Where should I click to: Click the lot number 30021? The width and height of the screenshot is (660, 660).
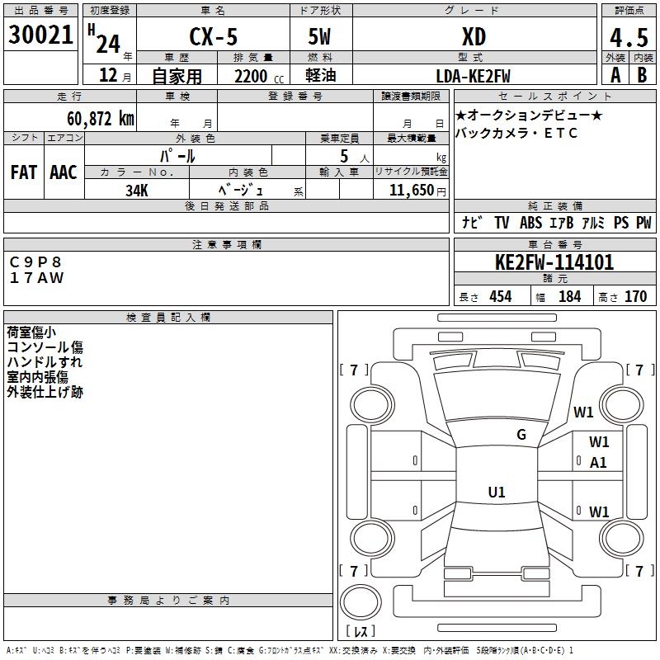(40, 36)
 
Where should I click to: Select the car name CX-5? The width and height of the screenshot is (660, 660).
(212, 37)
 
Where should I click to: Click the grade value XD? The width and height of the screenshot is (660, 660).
(474, 37)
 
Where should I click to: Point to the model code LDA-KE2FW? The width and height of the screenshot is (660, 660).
(473, 76)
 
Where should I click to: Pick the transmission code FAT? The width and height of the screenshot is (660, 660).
(23, 173)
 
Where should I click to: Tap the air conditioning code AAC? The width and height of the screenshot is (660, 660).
(63, 173)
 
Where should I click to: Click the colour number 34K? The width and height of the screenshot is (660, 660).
(137, 190)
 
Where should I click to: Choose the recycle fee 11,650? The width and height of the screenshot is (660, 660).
(410, 191)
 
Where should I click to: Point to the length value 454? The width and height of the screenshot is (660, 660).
(500, 296)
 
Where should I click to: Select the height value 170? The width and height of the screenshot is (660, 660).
(635, 296)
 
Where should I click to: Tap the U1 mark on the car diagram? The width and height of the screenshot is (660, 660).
(496, 493)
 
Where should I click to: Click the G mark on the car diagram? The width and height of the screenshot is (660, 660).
(521, 435)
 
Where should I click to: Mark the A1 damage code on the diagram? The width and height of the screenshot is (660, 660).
(598, 463)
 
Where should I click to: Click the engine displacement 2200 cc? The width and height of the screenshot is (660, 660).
(251, 76)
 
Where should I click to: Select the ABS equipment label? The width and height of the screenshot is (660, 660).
(530, 223)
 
